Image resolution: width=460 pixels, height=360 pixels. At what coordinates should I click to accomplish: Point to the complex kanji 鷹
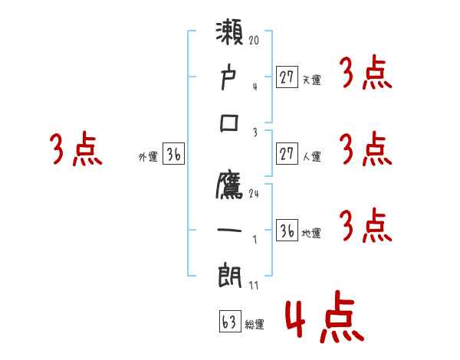[230, 186]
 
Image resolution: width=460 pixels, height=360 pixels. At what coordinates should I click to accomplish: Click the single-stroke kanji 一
[230, 231]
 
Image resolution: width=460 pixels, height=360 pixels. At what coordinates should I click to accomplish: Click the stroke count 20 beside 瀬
[255, 40]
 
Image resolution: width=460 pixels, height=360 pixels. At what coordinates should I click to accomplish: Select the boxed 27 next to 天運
[287, 77]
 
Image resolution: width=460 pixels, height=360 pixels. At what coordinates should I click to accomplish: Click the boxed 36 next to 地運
[287, 231]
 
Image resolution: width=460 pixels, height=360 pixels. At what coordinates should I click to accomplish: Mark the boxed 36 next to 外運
[173, 155]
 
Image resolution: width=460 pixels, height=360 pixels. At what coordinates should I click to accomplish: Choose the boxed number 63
[230, 322]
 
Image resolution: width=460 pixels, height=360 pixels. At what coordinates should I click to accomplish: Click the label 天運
[311, 80]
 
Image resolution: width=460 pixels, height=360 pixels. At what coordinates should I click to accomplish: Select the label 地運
[311, 233]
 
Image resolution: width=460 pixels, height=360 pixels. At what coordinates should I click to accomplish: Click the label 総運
[255, 325]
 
